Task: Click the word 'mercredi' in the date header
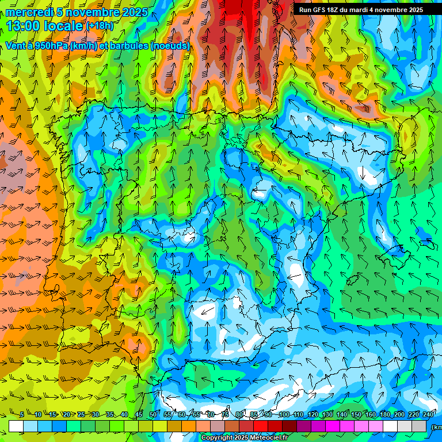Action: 29,12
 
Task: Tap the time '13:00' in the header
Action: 25,26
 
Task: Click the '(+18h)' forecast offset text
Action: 100,26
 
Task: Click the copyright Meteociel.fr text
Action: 245,438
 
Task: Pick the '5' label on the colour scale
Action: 22,414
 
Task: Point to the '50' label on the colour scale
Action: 153,414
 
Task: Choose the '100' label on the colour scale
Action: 284,414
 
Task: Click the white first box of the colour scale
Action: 16,426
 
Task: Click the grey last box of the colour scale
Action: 420,426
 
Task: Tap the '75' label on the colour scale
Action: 226,414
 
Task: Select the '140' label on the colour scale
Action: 342,414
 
